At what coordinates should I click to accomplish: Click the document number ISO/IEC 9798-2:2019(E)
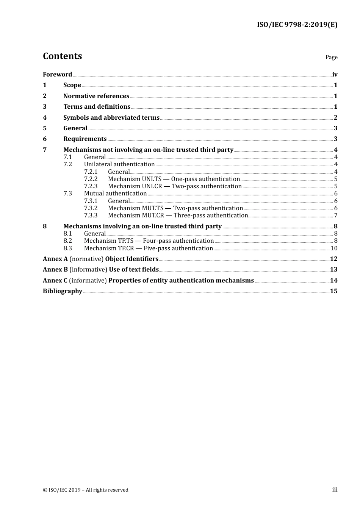pyautogui.click(x=297, y=25)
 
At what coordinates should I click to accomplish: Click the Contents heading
pyautogui.click(x=62, y=56)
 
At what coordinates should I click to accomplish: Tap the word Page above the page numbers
pyautogui.click(x=331, y=57)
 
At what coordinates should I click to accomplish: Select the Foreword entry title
pyautogui.click(x=57, y=75)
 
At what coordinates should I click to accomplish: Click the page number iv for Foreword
pyautogui.click(x=335, y=75)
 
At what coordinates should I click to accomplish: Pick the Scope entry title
pyautogui.click(x=72, y=85)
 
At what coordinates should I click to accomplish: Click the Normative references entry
pyautogui.click(x=96, y=96)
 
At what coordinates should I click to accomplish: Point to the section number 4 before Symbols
pyautogui.click(x=45, y=118)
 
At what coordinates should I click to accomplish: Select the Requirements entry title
pyautogui.click(x=85, y=139)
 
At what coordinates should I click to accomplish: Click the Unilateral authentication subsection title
pyautogui.click(x=119, y=164)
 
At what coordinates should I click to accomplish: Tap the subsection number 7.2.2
pyautogui.click(x=91, y=179)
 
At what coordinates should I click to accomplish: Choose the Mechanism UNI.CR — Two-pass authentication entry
pyautogui.click(x=175, y=186)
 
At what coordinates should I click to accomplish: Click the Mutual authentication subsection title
pyautogui.click(x=115, y=194)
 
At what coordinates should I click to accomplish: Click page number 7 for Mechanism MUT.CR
pyautogui.click(x=336, y=215)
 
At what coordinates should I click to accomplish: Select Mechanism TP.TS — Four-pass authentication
pyautogui.click(x=149, y=241)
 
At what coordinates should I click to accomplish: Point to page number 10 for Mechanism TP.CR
pyautogui.click(x=334, y=248)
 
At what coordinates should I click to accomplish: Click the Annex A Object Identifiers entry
pyautogui.click(x=100, y=259)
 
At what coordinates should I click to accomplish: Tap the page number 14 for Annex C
pyautogui.click(x=333, y=281)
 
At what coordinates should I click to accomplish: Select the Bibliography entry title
pyautogui.click(x=63, y=291)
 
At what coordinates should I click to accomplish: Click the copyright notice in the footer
pyautogui.click(x=86, y=490)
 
